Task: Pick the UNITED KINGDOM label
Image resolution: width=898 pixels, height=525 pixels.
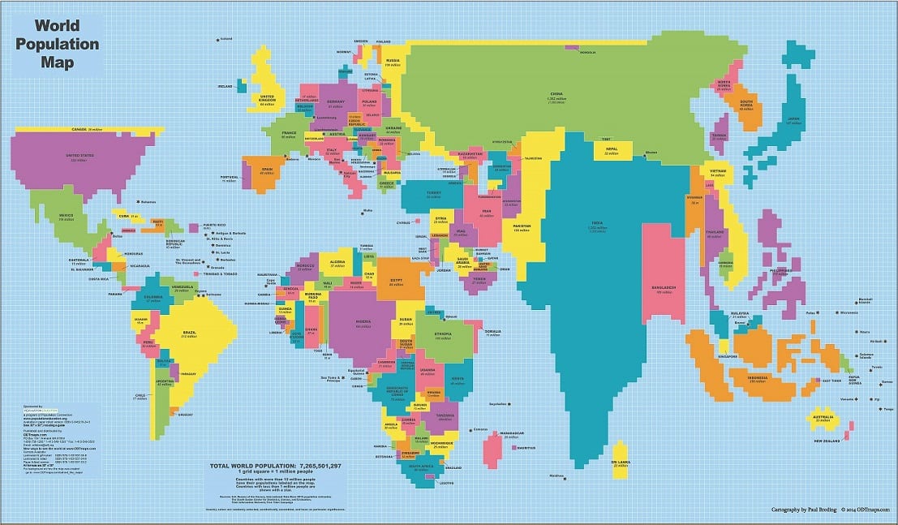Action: [x=268, y=100]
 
